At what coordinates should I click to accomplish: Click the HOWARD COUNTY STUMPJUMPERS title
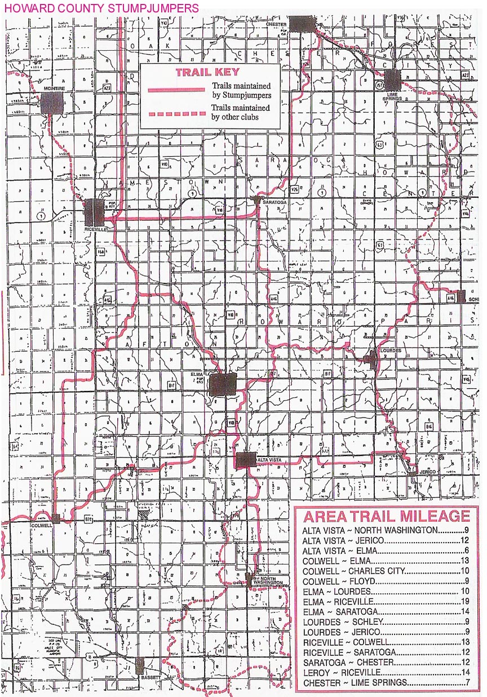point(101,8)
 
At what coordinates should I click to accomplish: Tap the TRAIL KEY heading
point(207,72)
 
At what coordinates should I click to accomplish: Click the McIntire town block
point(52,102)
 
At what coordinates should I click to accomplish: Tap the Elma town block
point(222,384)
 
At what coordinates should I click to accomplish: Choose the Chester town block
point(302,23)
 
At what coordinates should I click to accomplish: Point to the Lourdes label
point(391,350)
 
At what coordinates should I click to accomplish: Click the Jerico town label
point(427,471)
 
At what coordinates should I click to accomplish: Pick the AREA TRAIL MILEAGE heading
point(387,516)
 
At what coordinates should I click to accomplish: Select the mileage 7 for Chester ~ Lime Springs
point(467,683)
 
